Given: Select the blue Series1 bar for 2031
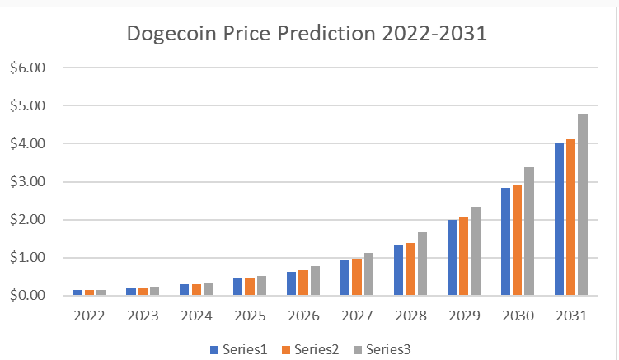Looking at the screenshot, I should coord(560,219).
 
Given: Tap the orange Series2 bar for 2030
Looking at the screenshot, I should coord(518,240).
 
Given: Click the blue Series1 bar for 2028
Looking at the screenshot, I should coord(399,269).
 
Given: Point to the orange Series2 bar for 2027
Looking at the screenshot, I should coord(357,277).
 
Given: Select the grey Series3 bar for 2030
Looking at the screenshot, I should coord(529,231).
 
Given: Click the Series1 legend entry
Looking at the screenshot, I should coord(239,349).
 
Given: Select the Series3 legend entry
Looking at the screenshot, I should coord(382,349).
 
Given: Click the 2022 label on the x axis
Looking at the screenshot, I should coord(89,316).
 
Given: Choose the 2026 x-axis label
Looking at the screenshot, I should coord(303,316).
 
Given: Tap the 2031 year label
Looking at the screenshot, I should coord(571,316).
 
